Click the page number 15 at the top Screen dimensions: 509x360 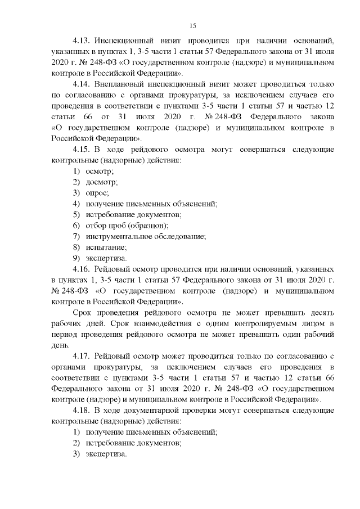click(x=192, y=26)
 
